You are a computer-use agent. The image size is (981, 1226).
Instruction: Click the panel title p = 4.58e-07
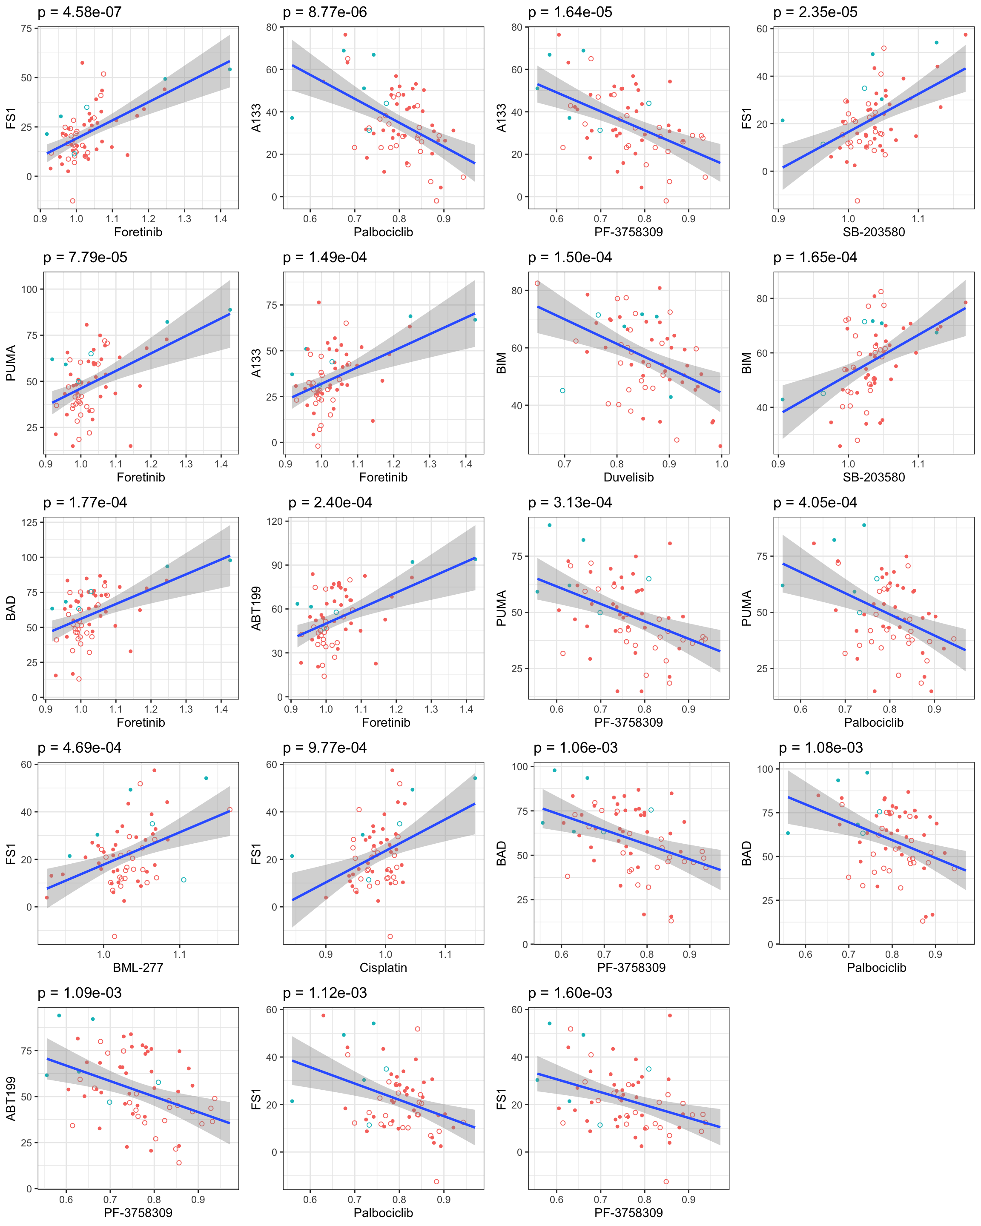80,12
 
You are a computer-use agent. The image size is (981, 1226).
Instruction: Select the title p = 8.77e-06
325,12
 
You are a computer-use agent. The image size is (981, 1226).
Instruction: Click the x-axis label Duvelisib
628,477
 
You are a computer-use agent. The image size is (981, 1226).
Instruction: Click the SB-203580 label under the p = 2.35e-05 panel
874,232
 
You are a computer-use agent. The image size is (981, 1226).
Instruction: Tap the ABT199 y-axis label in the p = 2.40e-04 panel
256,608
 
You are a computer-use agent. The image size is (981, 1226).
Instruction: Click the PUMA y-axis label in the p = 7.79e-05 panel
11,363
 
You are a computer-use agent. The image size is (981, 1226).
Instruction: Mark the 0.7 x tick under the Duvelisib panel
564,464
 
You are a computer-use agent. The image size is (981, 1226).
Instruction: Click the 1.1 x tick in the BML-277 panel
179,954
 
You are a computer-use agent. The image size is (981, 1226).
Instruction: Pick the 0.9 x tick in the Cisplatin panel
326,954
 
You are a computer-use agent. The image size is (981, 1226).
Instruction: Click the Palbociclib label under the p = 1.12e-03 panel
383,1212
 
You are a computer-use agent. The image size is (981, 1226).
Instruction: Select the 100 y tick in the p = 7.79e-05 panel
29,289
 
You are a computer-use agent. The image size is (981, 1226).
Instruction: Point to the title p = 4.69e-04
80,748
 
